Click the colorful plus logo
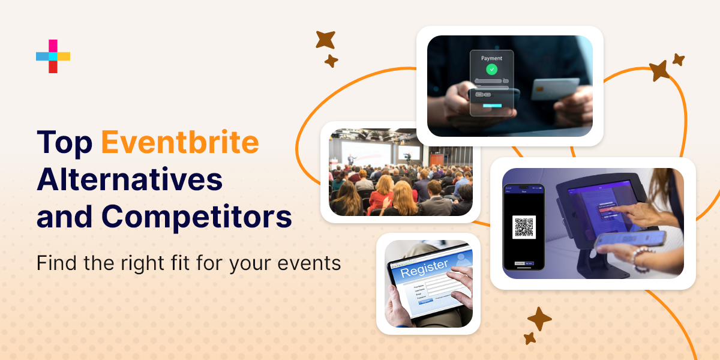coord(53,56)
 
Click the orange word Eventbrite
coord(180,142)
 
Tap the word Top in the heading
coord(64,142)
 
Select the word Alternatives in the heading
coord(130,179)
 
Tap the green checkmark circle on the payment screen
coord(492,70)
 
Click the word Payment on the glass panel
coord(492,58)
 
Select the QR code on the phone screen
coord(524,227)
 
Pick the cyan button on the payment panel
coord(492,106)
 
